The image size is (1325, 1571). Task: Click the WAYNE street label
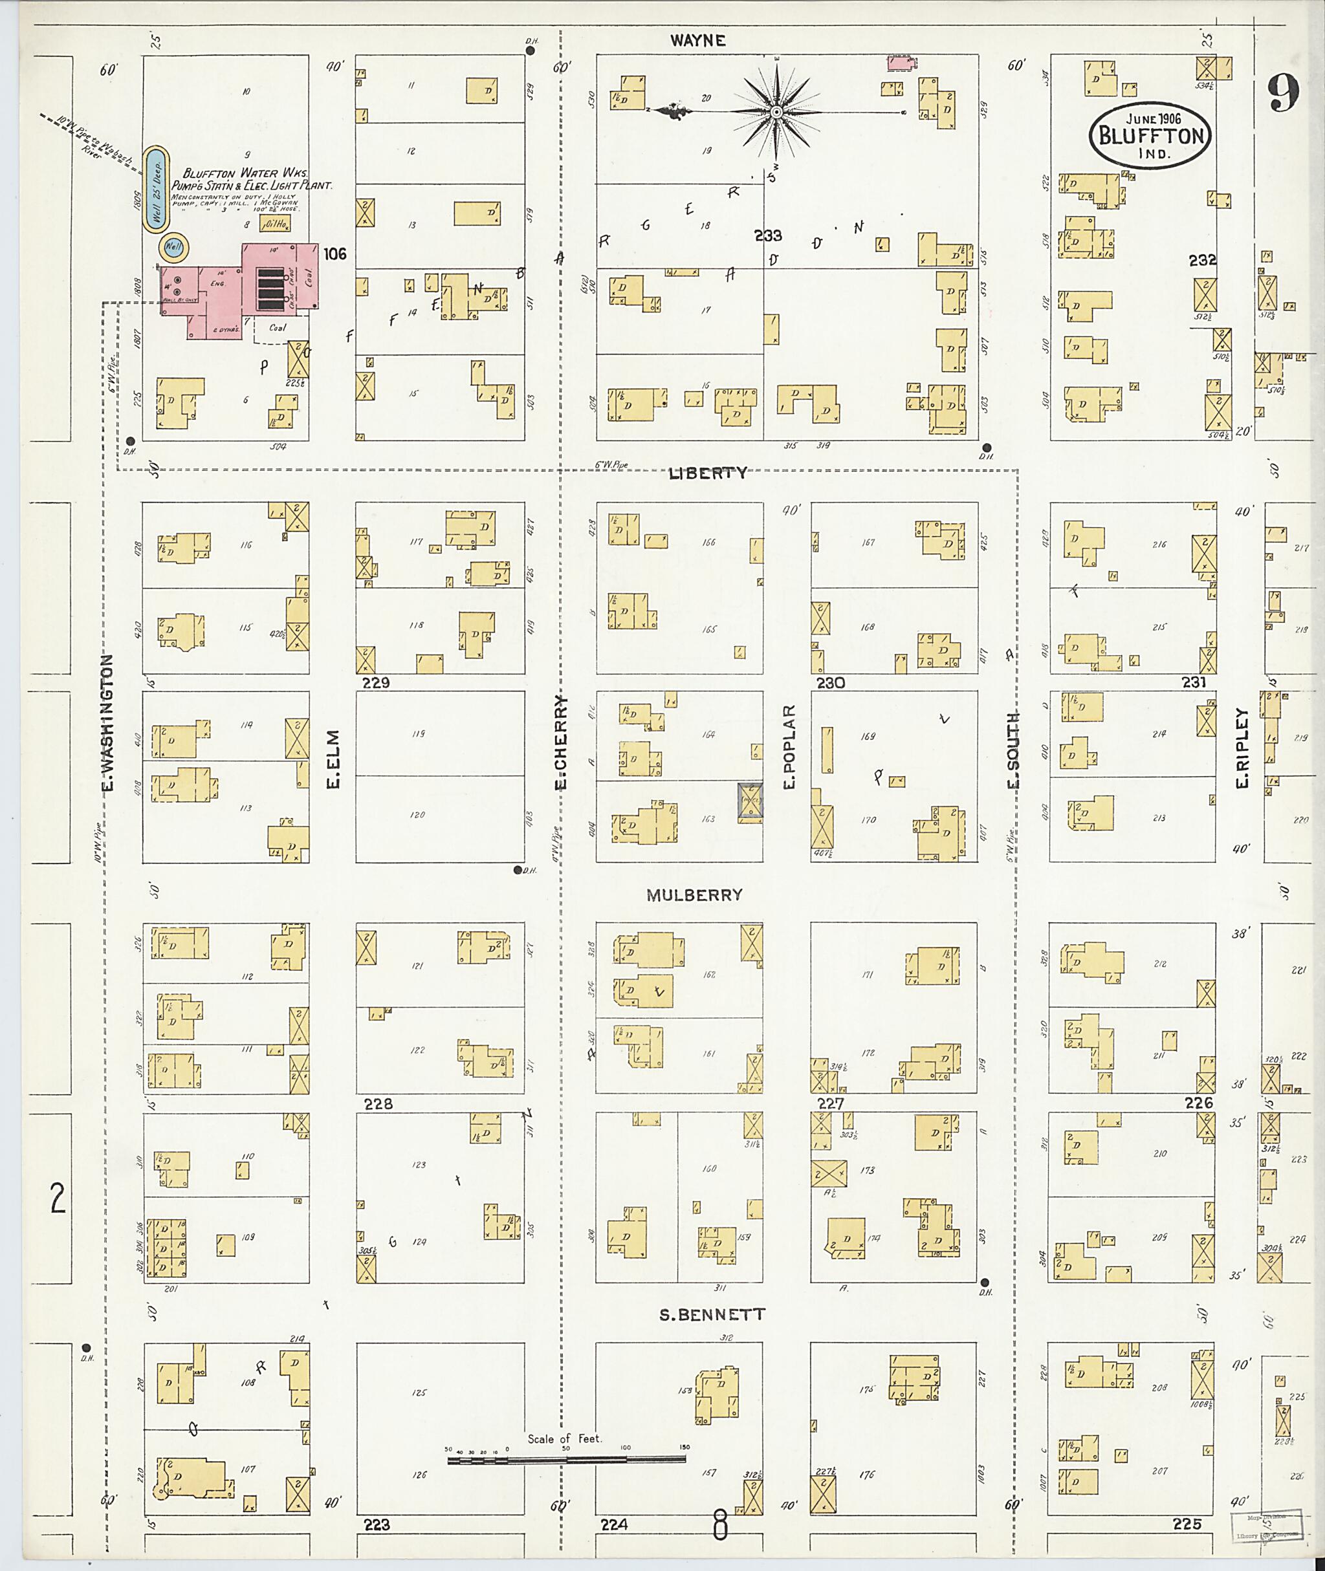[x=698, y=41]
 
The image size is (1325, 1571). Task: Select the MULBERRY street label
[x=694, y=895]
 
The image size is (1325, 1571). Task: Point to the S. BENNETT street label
[x=712, y=1315]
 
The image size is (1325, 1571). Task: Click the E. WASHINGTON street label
[x=107, y=723]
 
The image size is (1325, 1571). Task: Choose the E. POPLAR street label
[x=789, y=746]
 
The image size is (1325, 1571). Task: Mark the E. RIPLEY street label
[x=1242, y=749]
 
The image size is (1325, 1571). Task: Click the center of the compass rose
[x=776, y=113]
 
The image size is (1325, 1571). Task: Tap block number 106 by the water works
[x=334, y=254]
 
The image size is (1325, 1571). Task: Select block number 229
[x=375, y=682]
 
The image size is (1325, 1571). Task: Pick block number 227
[x=830, y=1105]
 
